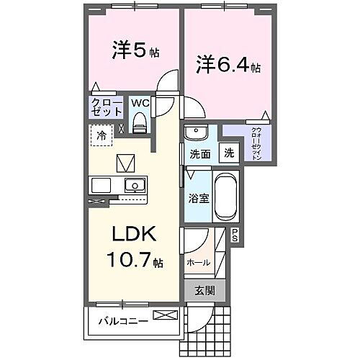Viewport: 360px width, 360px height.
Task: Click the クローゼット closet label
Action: [105, 107]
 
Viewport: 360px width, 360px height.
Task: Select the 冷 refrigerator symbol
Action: [102, 135]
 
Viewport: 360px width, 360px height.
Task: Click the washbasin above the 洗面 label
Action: [195, 133]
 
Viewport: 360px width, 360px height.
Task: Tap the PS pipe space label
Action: [235, 233]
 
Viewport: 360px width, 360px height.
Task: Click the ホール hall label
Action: [199, 263]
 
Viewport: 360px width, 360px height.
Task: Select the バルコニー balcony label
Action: [123, 320]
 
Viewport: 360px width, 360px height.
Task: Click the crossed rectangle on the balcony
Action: [164, 315]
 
